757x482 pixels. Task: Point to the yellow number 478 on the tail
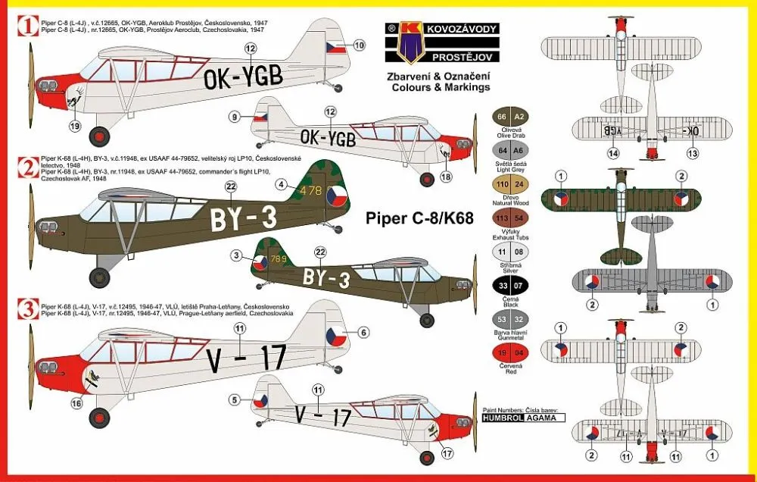click(x=311, y=192)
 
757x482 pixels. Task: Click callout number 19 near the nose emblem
click(x=73, y=125)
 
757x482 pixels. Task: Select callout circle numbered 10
click(x=359, y=45)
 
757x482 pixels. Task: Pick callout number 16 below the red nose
click(x=76, y=404)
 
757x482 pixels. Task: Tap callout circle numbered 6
click(x=363, y=332)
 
